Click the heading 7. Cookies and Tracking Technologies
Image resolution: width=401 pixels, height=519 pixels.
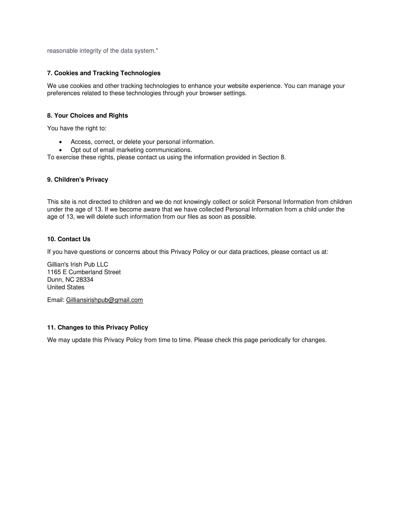[x=104, y=73]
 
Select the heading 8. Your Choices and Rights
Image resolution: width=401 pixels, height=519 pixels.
[x=88, y=116]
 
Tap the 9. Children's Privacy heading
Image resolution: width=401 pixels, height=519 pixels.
[x=78, y=180]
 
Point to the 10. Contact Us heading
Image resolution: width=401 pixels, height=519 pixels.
[x=69, y=239]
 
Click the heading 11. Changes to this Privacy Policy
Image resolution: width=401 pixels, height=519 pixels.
[x=98, y=328]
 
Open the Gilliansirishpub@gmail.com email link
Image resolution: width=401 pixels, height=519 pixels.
[x=104, y=300]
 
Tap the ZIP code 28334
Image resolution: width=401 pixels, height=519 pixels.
[x=85, y=280]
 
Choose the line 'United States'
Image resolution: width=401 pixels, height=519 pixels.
[x=66, y=287]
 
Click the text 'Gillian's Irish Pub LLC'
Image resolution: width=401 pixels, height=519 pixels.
[x=78, y=265]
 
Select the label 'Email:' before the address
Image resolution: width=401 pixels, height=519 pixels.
[x=56, y=300]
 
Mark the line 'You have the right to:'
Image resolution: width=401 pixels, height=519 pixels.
[x=77, y=128]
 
